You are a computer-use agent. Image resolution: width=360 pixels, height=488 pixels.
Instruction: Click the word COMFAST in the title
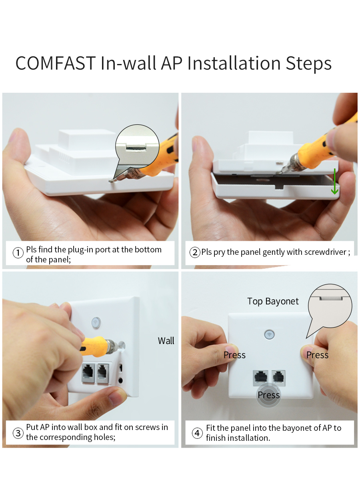coord(56,63)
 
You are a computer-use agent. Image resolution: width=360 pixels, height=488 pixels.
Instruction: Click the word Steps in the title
coord(308,63)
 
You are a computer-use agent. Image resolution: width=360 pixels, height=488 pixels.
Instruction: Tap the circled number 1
coord(18,253)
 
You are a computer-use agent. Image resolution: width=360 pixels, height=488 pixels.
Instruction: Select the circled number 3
coord(18,433)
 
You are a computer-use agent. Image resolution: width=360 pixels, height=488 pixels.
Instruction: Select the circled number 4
coord(197,433)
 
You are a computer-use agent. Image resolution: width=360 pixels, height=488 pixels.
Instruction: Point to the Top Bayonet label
coord(273,301)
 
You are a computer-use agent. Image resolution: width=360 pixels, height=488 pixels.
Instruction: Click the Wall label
coord(166,341)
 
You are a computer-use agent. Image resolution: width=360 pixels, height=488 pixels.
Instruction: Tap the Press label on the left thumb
coord(234,355)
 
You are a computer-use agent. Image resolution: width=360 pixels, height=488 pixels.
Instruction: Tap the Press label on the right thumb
coord(317,355)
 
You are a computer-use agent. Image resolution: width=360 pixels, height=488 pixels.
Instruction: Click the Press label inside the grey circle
coord(269,395)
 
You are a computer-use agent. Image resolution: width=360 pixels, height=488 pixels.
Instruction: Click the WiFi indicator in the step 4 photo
coord(270,334)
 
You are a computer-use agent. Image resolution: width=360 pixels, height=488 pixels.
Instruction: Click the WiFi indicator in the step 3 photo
coord(96,322)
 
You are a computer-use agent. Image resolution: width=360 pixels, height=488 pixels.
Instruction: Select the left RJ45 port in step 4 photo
coord(260,378)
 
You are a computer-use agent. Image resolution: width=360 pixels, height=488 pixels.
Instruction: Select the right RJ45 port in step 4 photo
coord(278,378)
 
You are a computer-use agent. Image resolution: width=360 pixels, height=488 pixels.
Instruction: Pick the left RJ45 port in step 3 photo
coord(88,373)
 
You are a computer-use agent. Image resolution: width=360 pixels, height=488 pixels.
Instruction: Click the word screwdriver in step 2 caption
coord(325,252)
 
